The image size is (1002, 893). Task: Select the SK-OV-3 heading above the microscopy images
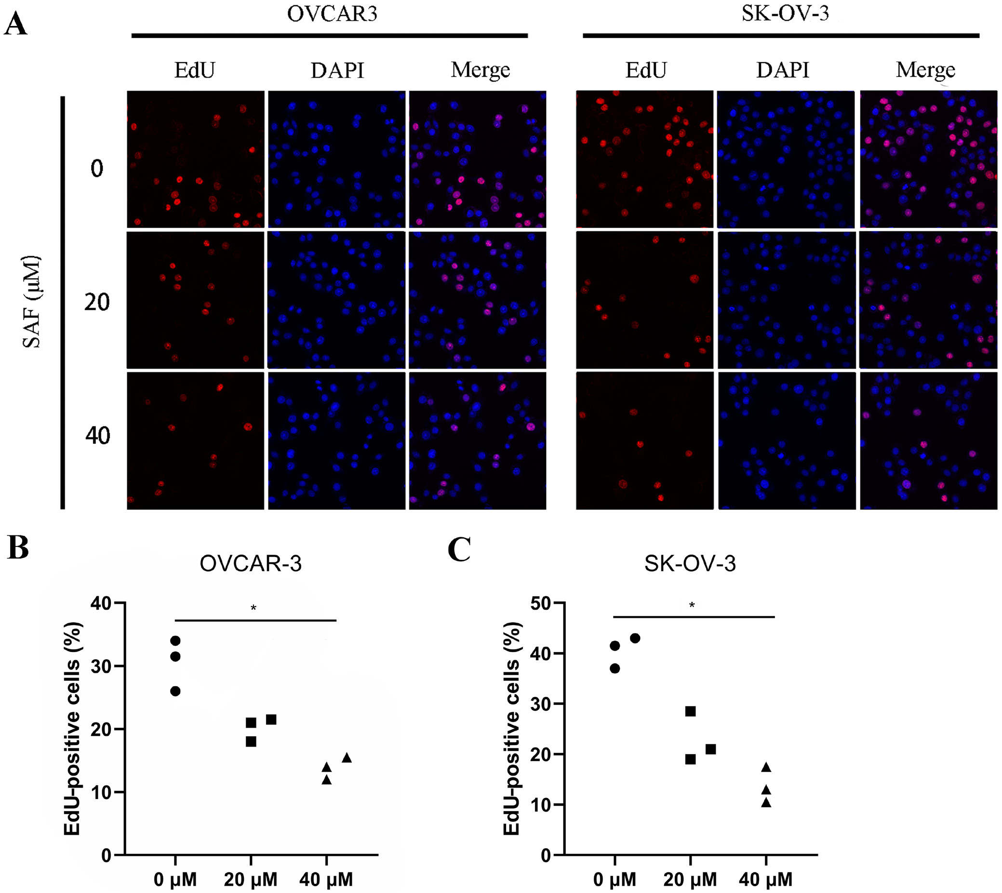785,13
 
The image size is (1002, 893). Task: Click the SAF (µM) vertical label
32,301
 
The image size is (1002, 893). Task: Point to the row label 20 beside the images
97,302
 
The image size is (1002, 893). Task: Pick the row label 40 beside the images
97,435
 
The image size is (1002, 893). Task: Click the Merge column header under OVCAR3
481,70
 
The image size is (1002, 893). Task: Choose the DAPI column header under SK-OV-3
783,70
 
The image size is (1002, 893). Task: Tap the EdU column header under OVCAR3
195,70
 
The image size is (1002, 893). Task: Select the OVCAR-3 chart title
250,564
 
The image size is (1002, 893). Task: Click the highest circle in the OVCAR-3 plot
175,641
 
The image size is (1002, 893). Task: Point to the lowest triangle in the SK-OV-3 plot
766,803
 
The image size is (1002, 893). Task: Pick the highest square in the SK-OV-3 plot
690,711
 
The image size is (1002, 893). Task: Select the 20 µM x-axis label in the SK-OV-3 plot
690,880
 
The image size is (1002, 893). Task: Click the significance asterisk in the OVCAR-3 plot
253,608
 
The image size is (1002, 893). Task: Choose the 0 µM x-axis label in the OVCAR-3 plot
175,880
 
